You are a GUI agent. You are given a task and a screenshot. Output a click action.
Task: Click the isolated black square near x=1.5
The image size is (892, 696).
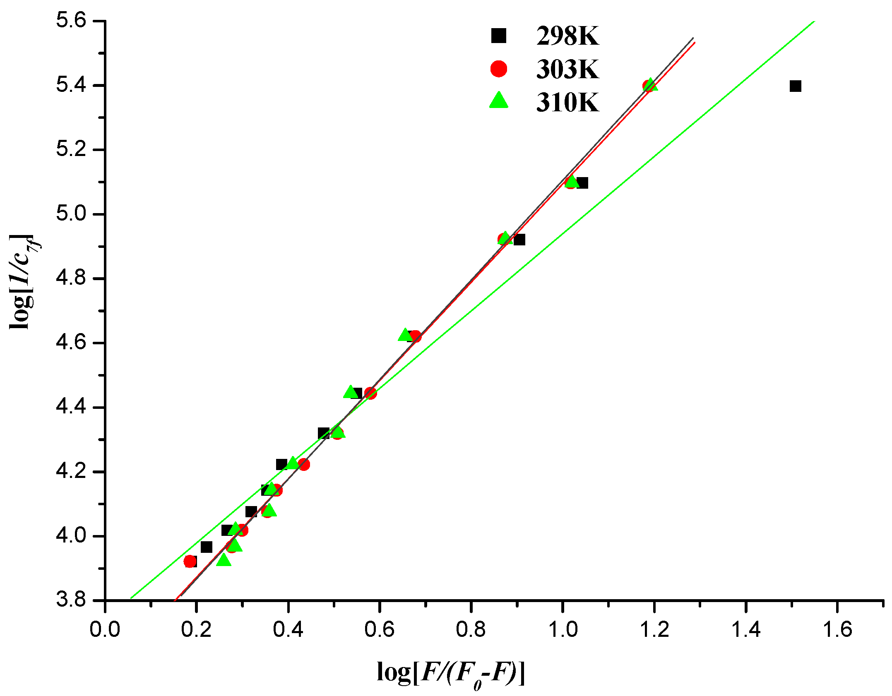tap(795, 86)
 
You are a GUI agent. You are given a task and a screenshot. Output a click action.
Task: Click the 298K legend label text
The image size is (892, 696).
tap(567, 36)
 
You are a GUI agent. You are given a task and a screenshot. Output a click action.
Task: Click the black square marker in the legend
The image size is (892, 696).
tap(498, 36)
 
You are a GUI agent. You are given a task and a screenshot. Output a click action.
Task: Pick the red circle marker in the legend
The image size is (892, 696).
tap(498, 68)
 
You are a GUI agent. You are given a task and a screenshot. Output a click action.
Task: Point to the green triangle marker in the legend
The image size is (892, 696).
tap(498, 101)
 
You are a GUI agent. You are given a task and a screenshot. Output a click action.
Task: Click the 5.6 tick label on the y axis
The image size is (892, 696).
tap(71, 20)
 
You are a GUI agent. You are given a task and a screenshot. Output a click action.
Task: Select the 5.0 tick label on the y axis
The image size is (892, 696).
tap(71, 214)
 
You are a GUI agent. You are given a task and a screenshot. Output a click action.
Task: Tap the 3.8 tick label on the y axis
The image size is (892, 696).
tap(71, 600)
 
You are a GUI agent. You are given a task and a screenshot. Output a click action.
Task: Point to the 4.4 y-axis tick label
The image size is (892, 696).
tap(71, 407)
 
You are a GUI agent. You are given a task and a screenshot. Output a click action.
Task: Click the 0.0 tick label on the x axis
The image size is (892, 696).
tap(105, 629)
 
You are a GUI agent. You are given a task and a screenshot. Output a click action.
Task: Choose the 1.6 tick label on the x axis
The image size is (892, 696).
tap(837, 629)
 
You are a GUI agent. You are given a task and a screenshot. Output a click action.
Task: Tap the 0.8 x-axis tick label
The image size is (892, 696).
tap(471, 629)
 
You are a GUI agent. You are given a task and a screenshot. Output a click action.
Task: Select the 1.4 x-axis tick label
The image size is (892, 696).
tap(745, 629)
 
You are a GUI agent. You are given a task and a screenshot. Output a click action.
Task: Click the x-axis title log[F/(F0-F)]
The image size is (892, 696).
tap(451, 673)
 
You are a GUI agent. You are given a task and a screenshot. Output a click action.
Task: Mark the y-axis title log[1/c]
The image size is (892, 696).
tap(23, 281)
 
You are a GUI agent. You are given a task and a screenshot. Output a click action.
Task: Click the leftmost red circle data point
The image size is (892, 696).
tap(190, 562)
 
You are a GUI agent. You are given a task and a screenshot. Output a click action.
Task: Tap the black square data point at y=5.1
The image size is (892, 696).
tap(582, 183)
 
